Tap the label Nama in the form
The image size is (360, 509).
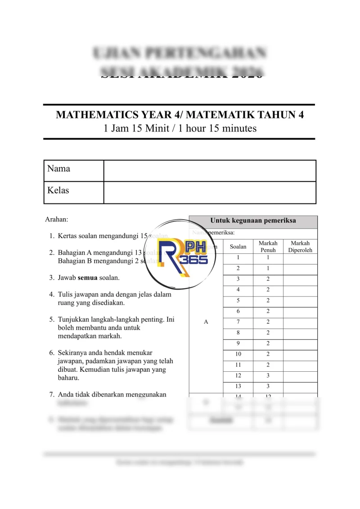coord(58,169)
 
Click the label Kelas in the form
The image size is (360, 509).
coord(58,190)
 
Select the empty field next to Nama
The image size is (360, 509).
coord(209,171)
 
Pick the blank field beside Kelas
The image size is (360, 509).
coord(209,192)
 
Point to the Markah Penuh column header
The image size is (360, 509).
coord(268,246)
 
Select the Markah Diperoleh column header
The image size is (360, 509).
coord(300,246)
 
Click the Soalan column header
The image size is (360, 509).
coord(238,247)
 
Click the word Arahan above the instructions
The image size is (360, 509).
coord(56,220)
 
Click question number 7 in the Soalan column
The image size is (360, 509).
coord(238,322)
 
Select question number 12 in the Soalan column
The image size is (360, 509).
coord(238,375)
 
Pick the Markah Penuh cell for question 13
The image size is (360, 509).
coord(268,386)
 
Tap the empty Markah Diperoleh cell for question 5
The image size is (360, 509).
coord(300,300)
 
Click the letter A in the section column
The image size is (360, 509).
coord(206,322)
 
